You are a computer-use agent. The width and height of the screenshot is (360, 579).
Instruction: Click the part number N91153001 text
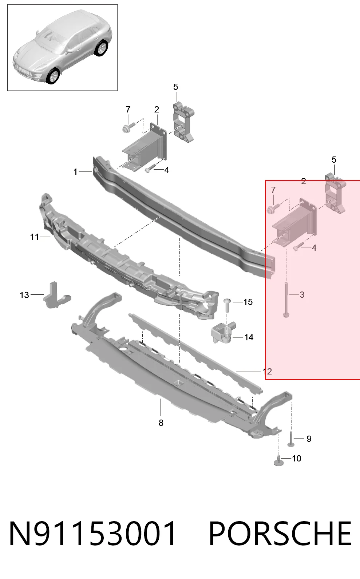coord(92,534)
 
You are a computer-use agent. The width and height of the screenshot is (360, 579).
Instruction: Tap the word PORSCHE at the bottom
coord(280,534)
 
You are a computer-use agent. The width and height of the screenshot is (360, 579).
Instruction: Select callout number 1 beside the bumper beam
coord(75,172)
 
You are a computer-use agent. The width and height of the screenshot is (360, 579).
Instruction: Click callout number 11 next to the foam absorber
coord(34,237)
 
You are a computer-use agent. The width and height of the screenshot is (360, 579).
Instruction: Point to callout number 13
coord(24,295)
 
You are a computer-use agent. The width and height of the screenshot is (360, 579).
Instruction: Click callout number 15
coord(248,302)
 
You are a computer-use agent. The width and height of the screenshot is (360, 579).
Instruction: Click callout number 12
coord(267,372)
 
